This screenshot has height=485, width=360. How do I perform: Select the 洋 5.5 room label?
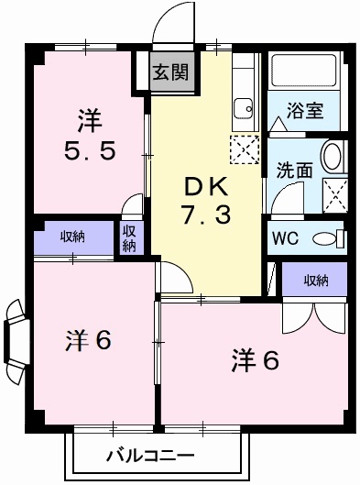tap(89, 136)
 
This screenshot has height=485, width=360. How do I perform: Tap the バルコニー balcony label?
tap(149, 456)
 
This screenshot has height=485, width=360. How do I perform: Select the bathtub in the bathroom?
tap(305, 72)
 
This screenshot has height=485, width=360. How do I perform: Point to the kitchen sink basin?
tap(244, 109)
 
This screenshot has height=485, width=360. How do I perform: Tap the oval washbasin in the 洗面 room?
tap(333, 157)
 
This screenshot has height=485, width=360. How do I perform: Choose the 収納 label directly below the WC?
tap(315, 281)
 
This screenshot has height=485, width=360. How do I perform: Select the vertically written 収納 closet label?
tap(129, 237)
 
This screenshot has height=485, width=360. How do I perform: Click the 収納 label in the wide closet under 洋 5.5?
tap(72, 237)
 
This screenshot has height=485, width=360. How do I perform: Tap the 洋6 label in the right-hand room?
tap(253, 359)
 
